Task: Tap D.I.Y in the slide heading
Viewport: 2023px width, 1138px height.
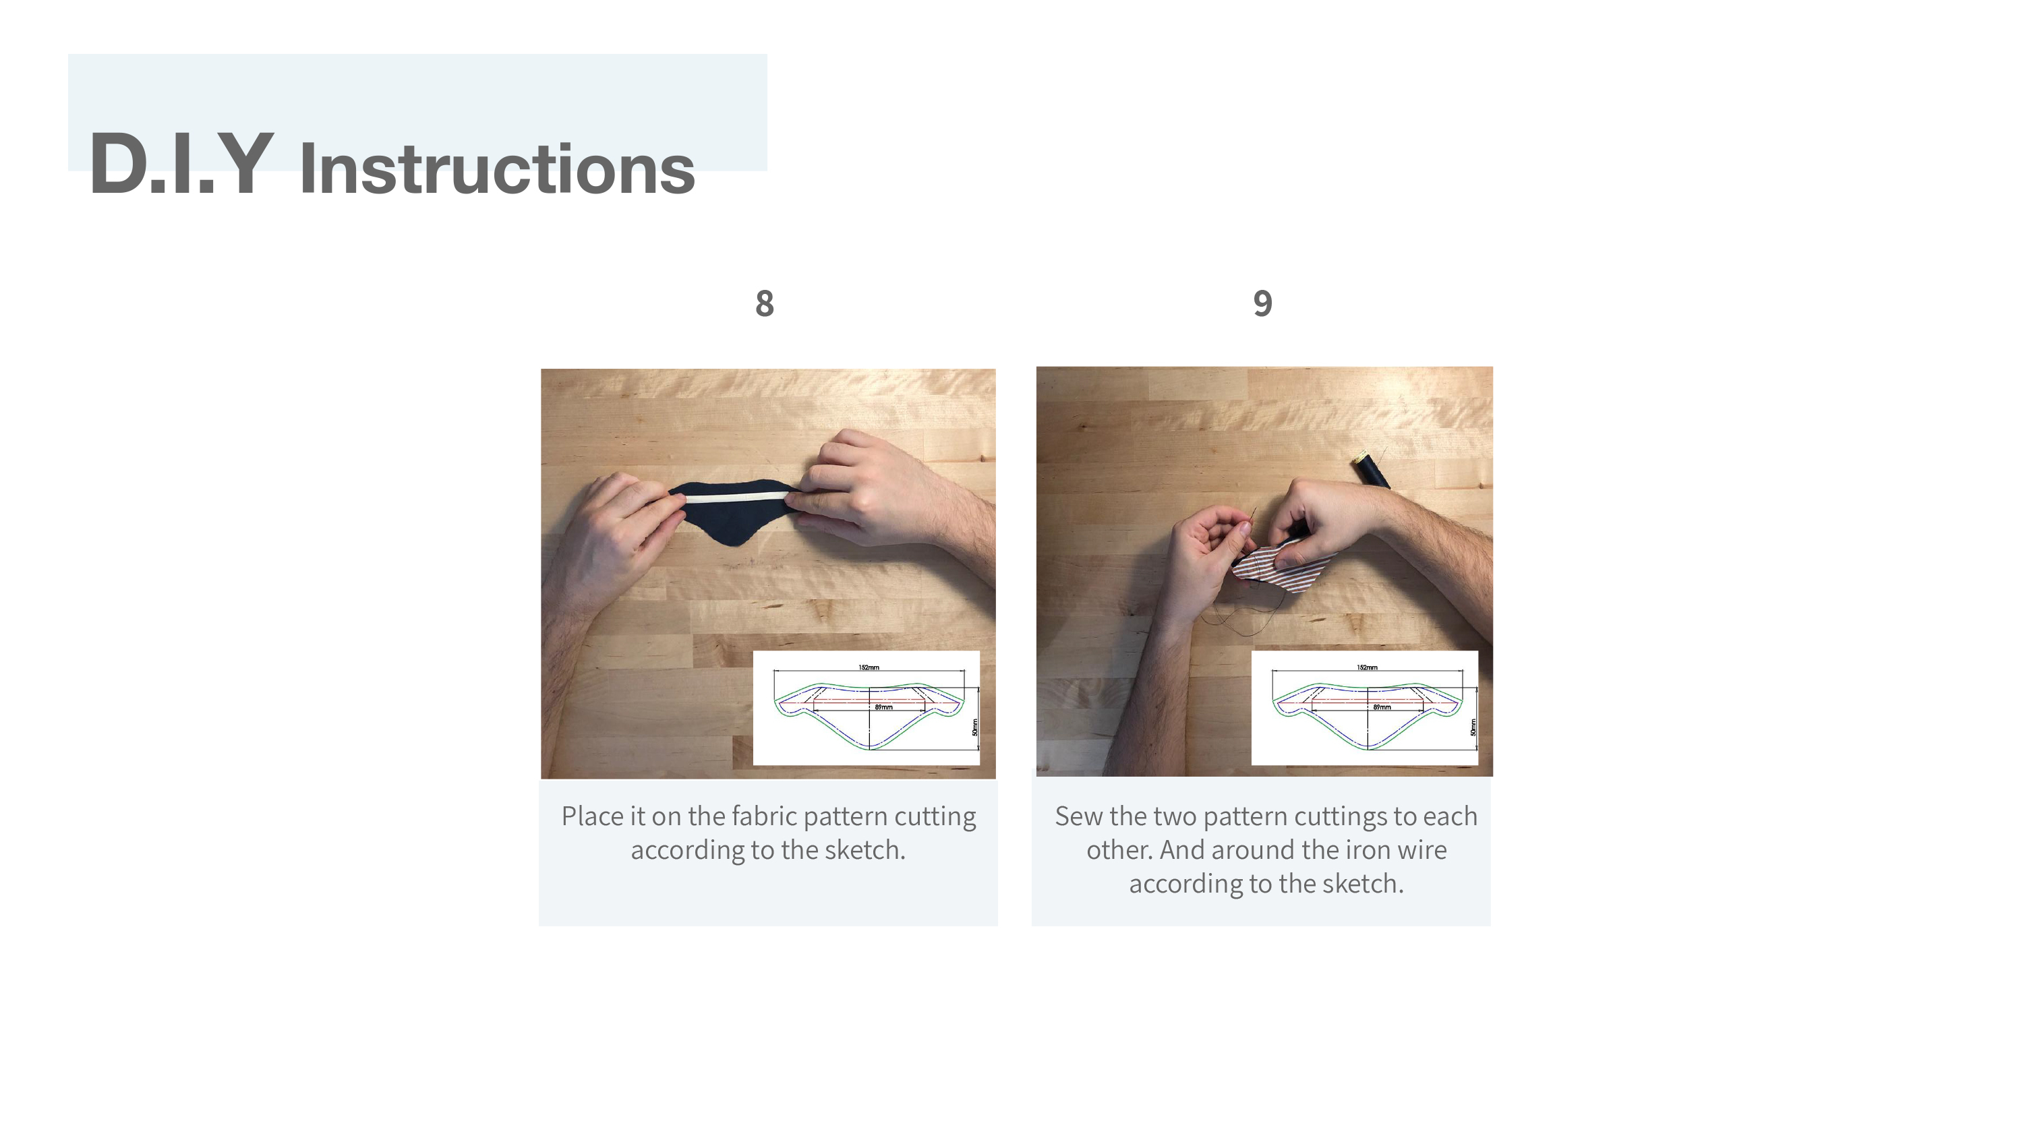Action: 181,163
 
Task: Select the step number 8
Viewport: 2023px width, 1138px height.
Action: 764,304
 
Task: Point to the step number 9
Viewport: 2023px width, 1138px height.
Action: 1262,304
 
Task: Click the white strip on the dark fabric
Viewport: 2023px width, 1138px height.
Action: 736,497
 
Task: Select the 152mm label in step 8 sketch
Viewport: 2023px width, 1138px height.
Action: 869,667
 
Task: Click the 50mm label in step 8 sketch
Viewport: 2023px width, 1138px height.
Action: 974,727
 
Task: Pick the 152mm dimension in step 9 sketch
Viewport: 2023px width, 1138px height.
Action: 1366,667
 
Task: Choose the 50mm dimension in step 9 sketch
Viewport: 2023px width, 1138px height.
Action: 1473,727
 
